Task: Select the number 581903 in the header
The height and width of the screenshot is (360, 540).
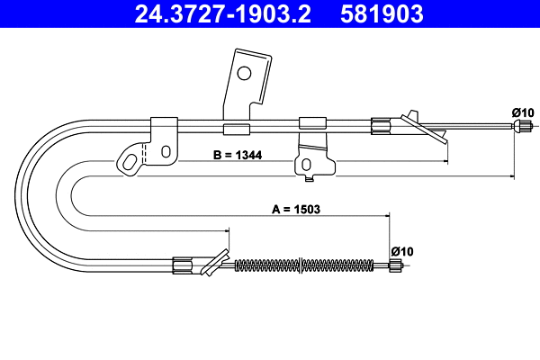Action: point(383,14)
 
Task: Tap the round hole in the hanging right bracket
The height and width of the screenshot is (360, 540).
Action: point(308,164)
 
